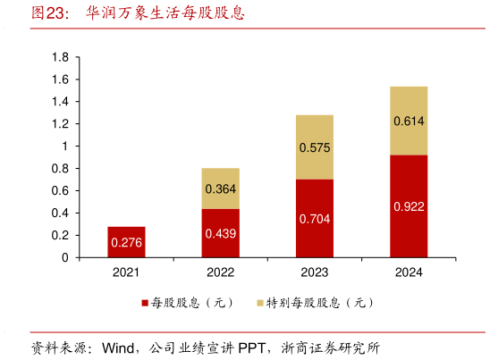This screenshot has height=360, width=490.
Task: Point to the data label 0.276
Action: (x=126, y=242)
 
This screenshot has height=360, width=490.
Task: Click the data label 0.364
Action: (x=221, y=188)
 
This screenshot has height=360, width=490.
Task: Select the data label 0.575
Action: (x=314, y=147)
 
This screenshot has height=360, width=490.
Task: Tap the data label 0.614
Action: (x=408, y=121)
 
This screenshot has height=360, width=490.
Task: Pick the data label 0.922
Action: (x=408, y=206)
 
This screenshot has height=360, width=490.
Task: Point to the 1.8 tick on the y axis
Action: (x=60, y=57)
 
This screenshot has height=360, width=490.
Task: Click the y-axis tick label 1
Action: (x=65, y=147)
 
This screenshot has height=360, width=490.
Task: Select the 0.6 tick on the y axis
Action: (x=60, y=190)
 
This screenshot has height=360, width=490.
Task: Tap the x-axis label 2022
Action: (x=221, y=272)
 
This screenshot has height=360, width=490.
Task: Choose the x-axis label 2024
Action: (x=408, y=272)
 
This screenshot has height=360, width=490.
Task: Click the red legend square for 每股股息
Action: (x=145, y=303)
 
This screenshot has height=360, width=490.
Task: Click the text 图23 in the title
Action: (x=46, y=13)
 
